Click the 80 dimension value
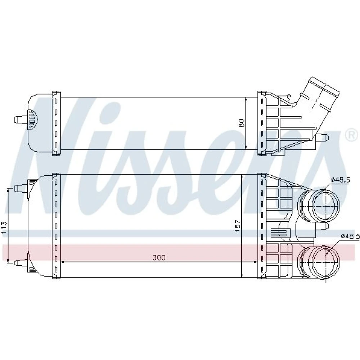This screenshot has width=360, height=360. pos(241,123)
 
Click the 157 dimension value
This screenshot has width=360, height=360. pos(237,226)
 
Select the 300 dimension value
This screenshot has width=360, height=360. pos(159,258)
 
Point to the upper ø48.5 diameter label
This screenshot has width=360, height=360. pos(340,180)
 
